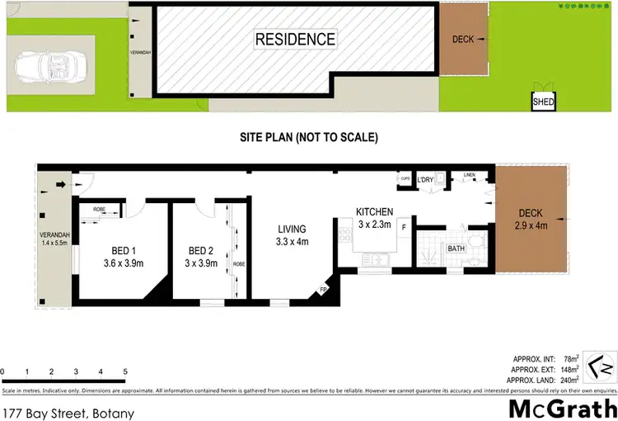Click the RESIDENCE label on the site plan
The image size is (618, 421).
294,39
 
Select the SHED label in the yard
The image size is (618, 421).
542,102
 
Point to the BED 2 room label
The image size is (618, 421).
200,252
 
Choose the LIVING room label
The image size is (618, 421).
291,229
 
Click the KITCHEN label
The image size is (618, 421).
374,211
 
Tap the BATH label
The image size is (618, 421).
456,248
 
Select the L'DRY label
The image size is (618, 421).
426,180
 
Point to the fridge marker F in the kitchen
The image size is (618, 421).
404,225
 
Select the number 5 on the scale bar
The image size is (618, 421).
124,372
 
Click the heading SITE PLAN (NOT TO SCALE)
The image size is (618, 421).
309,137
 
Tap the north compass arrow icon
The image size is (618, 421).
602,362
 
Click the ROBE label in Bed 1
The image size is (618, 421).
98,210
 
